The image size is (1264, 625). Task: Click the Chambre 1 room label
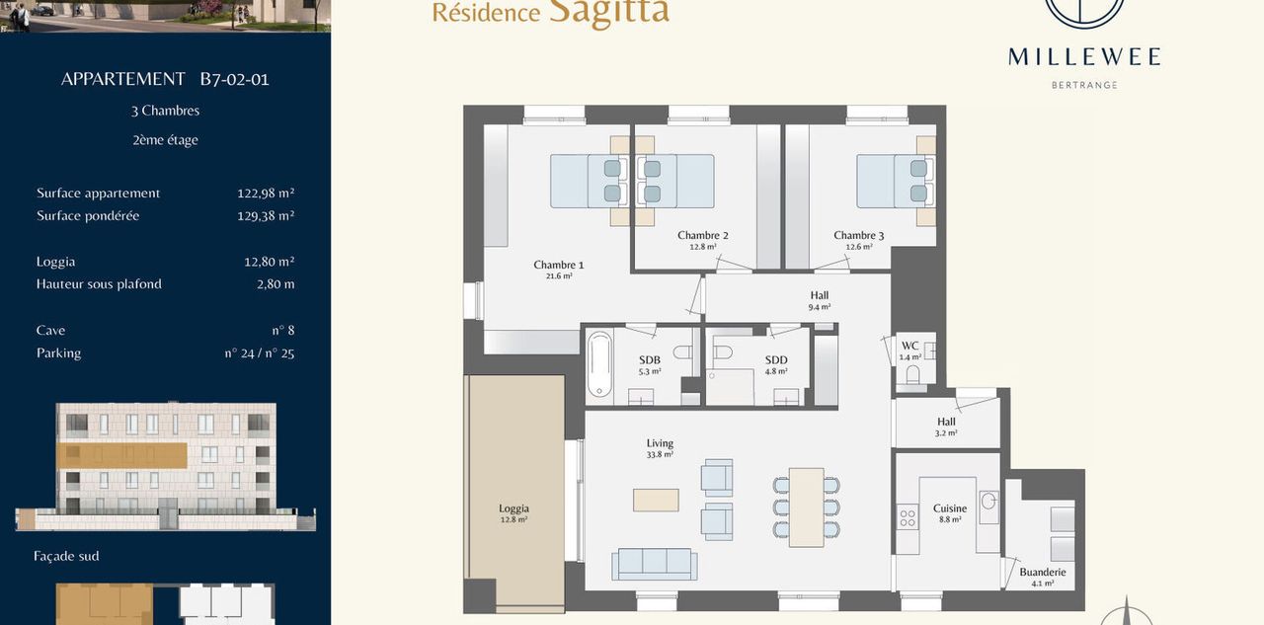(x=559, y=270)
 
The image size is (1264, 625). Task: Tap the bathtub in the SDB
(x=599, y=363)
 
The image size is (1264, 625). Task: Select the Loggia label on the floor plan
(x=513, y=512)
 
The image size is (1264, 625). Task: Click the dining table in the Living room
(x=806, y=508)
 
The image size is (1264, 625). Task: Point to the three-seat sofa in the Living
(x=655, y=564)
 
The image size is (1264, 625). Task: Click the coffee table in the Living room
(x=656, y=500)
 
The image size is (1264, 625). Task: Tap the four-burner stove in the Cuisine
(x=908, y=517)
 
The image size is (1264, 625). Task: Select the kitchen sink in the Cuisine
(x=988, y=508)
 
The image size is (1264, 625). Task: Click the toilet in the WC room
(x=912, y=374)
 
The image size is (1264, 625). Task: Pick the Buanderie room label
(x=1042, y=577)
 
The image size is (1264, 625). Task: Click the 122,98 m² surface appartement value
(x=266, y=193)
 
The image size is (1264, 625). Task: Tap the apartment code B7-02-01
(x=234, y=79)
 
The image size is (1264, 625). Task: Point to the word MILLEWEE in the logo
(x=1084, y=57)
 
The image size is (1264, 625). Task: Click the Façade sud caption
(x=66, y=556)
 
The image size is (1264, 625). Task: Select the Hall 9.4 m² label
(x=820, y=300)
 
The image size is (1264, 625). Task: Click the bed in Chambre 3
(x=896, y=181)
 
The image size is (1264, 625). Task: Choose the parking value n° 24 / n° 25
(x=260, y=353)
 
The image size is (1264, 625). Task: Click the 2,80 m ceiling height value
(x=276, y=283)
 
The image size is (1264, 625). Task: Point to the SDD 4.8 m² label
(x=776, y=364)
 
